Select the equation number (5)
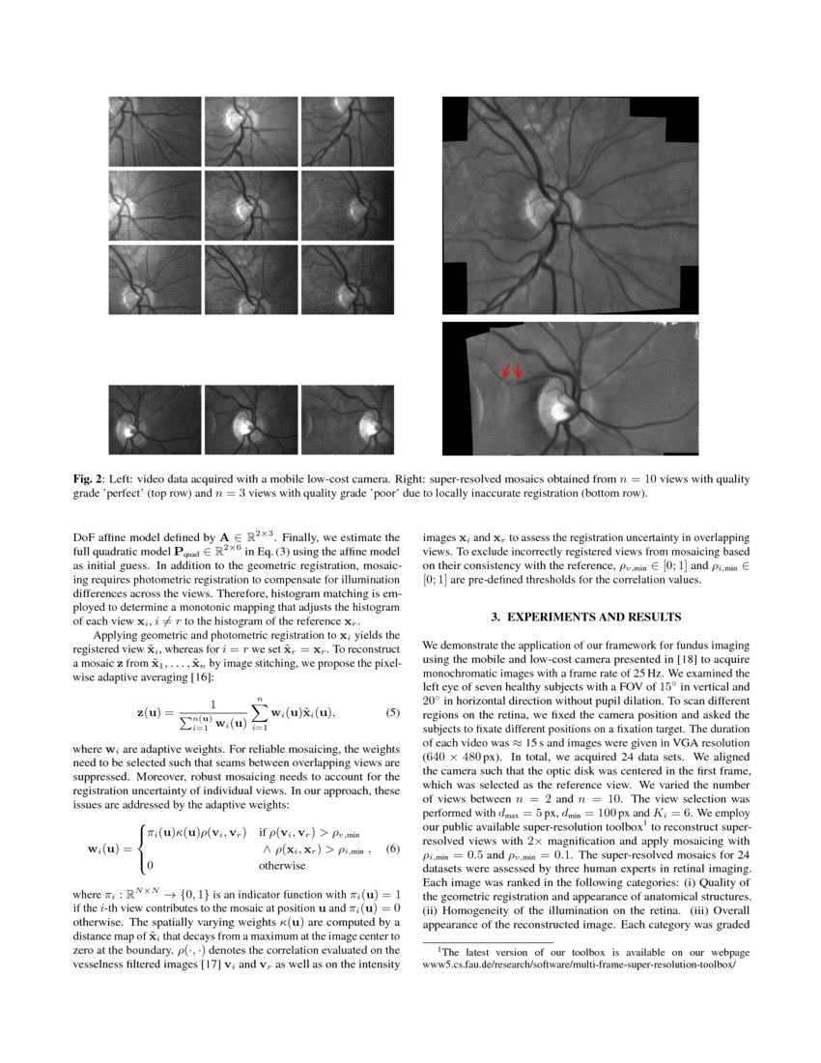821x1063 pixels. tap(393, 712)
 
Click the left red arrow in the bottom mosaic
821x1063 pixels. tap(503, 370)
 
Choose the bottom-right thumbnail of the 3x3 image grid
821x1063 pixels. tap(347, 279)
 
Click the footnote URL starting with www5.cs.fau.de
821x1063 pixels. tap(580, 964)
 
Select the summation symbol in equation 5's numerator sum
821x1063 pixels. tap(257, 712)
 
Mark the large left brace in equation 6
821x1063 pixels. tap(141, 848)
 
